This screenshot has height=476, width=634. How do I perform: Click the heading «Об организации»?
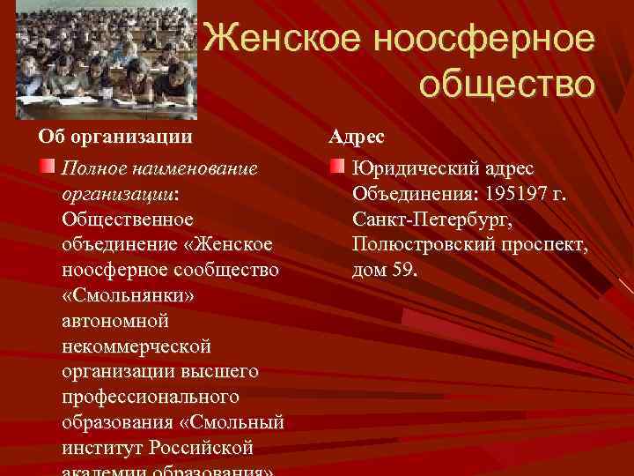(114, 137)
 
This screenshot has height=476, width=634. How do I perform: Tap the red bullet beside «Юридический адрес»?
(338, 167)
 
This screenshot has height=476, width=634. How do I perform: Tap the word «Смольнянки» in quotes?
(129, 295)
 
